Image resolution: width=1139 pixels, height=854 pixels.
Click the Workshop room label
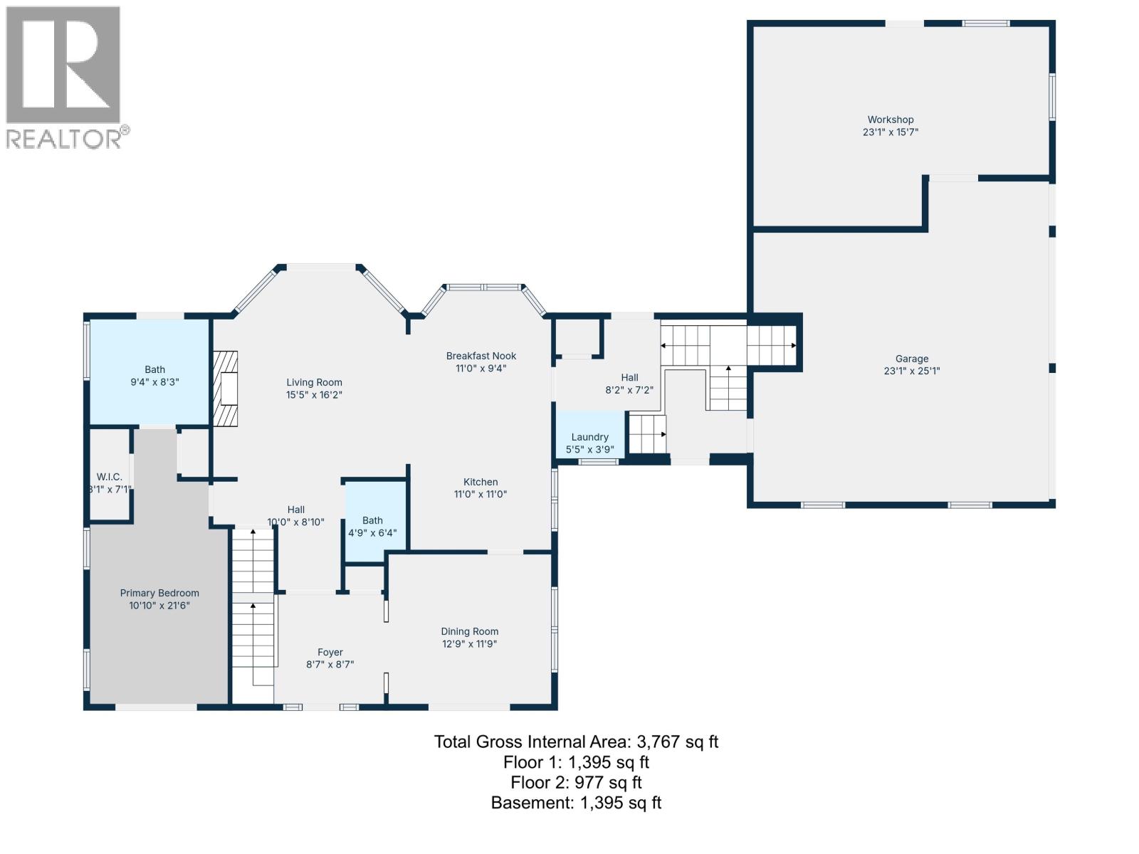coord(890,120)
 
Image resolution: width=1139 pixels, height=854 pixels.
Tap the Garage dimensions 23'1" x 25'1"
coord(911,371)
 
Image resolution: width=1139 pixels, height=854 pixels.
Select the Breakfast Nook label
coord(481,356)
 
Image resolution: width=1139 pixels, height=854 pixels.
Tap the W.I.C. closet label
coord(110,477)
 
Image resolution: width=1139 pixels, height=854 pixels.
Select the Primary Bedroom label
coord(159,593)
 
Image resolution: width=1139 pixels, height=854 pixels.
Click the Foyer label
coord(330,652)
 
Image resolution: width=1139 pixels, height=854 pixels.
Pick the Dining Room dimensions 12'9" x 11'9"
coord(469,644)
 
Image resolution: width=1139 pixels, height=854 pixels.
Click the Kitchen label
coord(481,482)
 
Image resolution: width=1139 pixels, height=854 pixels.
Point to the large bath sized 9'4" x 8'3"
coord(154,375)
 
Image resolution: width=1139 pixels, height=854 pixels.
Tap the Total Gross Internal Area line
coord(576,742)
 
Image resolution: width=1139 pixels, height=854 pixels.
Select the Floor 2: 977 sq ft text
coord(576,783)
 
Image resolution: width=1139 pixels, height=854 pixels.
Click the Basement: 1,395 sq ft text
coord(576,803)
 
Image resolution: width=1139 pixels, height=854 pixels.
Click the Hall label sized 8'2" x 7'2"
coord(629,378)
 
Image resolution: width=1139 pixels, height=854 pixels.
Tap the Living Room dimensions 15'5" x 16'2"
coord(314,395)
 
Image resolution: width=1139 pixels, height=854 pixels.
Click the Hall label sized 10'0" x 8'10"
coord(296,510)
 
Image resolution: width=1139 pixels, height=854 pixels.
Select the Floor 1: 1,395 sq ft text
coord(576,762)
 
